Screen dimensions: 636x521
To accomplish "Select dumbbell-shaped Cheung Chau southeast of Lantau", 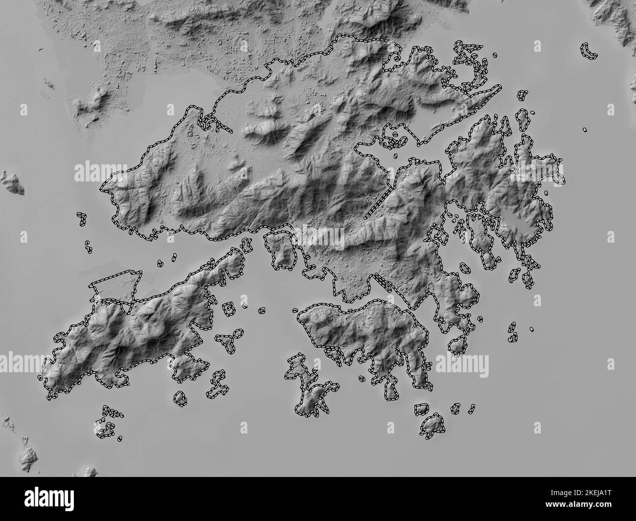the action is [215, 386].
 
